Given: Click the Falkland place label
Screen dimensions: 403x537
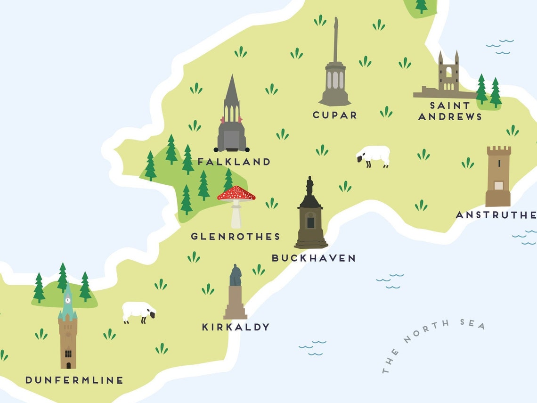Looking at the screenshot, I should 234,162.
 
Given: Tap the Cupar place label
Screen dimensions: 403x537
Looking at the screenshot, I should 335,115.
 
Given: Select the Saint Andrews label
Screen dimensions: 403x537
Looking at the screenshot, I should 450,111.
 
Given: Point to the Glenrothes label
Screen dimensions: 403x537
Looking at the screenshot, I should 235,237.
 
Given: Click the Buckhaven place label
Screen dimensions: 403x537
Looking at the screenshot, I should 313,258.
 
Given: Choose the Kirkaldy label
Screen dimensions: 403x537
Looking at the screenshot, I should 236,327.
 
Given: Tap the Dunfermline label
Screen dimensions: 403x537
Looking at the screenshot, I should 74,380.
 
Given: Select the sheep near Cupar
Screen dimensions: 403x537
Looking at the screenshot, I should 374,155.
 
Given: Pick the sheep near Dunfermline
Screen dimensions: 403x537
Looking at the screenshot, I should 138,312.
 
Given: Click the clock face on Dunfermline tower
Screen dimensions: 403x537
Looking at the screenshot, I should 68,300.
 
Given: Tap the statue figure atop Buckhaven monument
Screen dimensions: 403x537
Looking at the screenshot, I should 309,185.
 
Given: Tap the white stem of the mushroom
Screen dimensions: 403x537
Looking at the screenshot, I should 236,215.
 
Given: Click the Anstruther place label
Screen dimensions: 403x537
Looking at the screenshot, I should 496,215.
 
